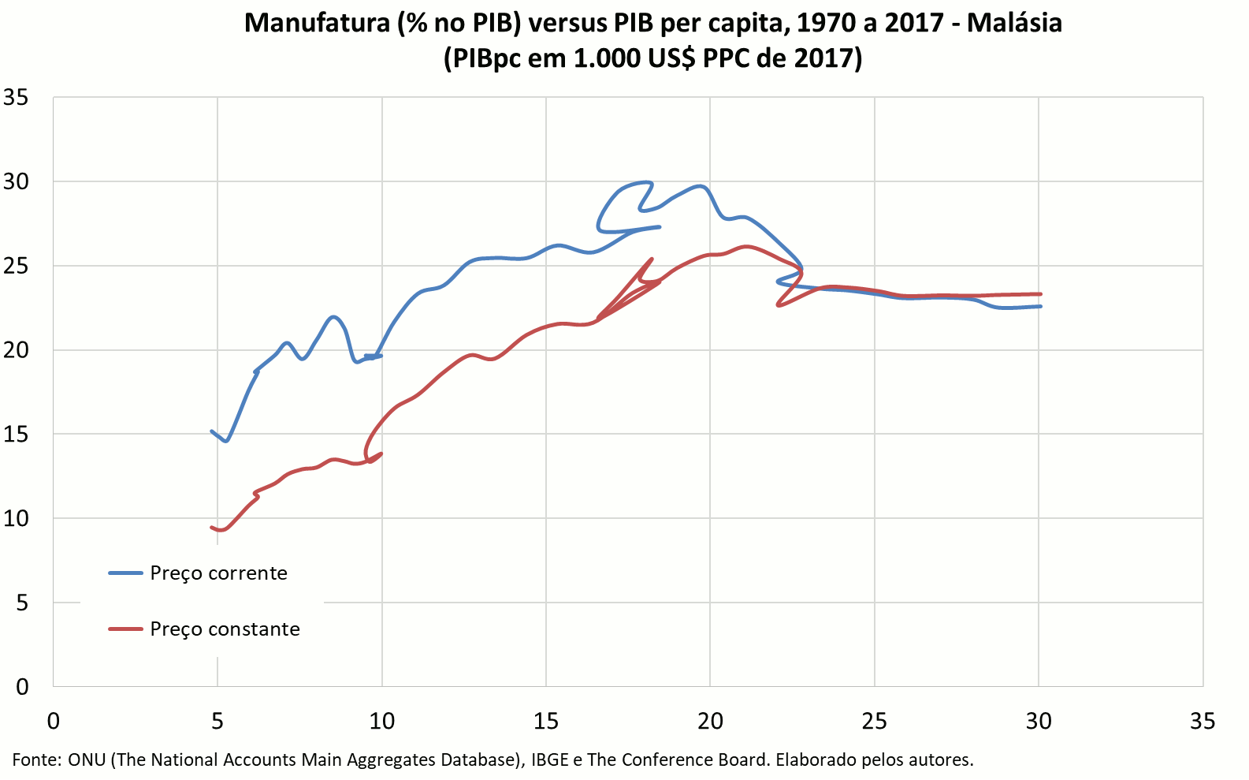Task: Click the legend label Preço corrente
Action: click(x=218, y=573)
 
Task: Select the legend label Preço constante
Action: click(x=225, y=629)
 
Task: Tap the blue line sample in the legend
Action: click(x=125, y=573)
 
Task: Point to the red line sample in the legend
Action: click(x=125, y=629)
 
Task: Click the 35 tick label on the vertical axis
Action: click(x=16, y=98)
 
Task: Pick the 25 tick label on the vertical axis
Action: click(x=16, y=266)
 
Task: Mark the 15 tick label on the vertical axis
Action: click(x=16, y=435)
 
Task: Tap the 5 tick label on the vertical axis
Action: click(x=21, y=603)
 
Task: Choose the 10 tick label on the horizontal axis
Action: click(x=381, y=722)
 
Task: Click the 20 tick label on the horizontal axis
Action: click(x=710, y=722)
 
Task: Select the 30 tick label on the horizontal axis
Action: click(x=1039, y=722)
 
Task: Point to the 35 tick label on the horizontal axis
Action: click(x=1203, y=722)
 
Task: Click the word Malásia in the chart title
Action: click(x=1014, y=23)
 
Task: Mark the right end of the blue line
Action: click(x=1041, y=306)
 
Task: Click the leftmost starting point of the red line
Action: click(x=211, y=527)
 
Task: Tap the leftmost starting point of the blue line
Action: click(x=211, y=431)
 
